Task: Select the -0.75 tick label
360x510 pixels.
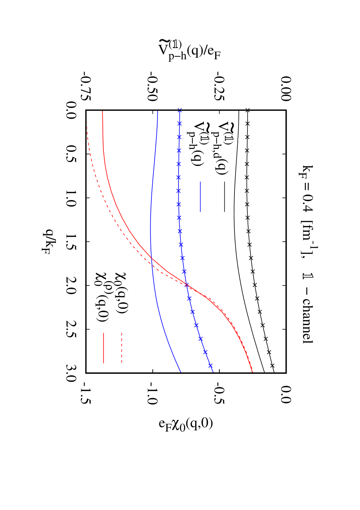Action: tap(87, 86)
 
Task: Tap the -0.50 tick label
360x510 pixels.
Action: tap(153, 86)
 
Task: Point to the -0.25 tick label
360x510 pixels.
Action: tap(220, 86)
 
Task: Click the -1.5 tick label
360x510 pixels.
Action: tap(87, 395)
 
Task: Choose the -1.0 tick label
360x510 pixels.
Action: tap(153, 395)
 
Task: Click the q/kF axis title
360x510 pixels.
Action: tap(46, 242)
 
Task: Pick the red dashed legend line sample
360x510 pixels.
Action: tap(122, 348)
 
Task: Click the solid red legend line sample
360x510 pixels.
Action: tap(103, 348)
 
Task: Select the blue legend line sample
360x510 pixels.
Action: tap(200, 197)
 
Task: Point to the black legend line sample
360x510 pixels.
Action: tap(225, 197)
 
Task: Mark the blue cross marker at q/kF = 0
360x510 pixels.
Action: tap(180, 110)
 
